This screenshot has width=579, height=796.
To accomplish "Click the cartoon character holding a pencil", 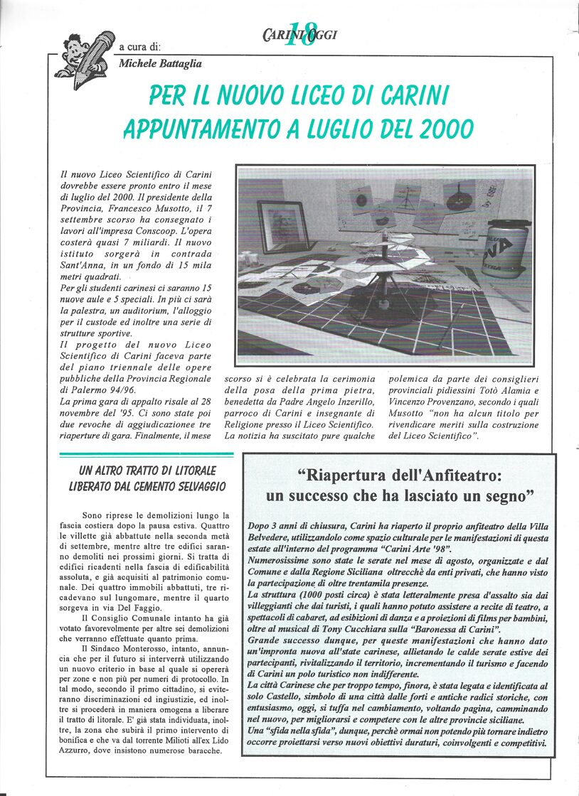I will point(85,56).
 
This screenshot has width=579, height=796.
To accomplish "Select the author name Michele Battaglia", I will point(160,64).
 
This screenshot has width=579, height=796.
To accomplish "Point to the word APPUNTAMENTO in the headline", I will point(196,129).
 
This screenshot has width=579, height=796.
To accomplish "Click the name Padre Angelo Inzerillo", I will point(326,402).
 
